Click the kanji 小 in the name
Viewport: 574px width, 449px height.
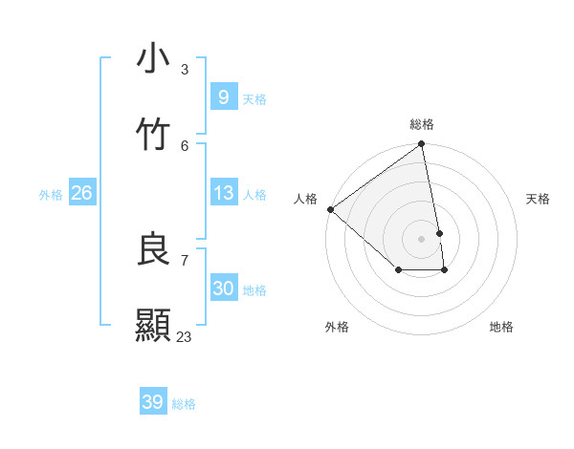[153, 58]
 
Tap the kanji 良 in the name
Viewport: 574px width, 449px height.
[153, 249]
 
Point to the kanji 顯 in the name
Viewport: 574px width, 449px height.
[153, 326]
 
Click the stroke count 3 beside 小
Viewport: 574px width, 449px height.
[185, 69]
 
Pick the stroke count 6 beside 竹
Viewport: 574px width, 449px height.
[185, 145]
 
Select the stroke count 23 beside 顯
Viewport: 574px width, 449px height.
[185, 336]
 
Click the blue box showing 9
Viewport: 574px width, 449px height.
[223, 97]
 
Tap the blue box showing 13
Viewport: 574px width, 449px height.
[223, 193]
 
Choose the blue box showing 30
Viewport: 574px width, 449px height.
[223, 289]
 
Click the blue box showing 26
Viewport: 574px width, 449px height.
[81, 193]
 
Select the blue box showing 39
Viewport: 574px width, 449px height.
[152, 402]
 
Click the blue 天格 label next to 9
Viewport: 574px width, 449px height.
[254, 99]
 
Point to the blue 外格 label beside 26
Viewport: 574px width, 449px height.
[51, 195]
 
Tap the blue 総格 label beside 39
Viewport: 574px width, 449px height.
[184, 404]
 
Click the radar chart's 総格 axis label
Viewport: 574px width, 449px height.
[422, 124]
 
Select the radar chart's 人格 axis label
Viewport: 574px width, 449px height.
[305, 199]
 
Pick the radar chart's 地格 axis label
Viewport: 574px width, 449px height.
[501, 327]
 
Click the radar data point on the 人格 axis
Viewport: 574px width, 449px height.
[330, 209]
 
